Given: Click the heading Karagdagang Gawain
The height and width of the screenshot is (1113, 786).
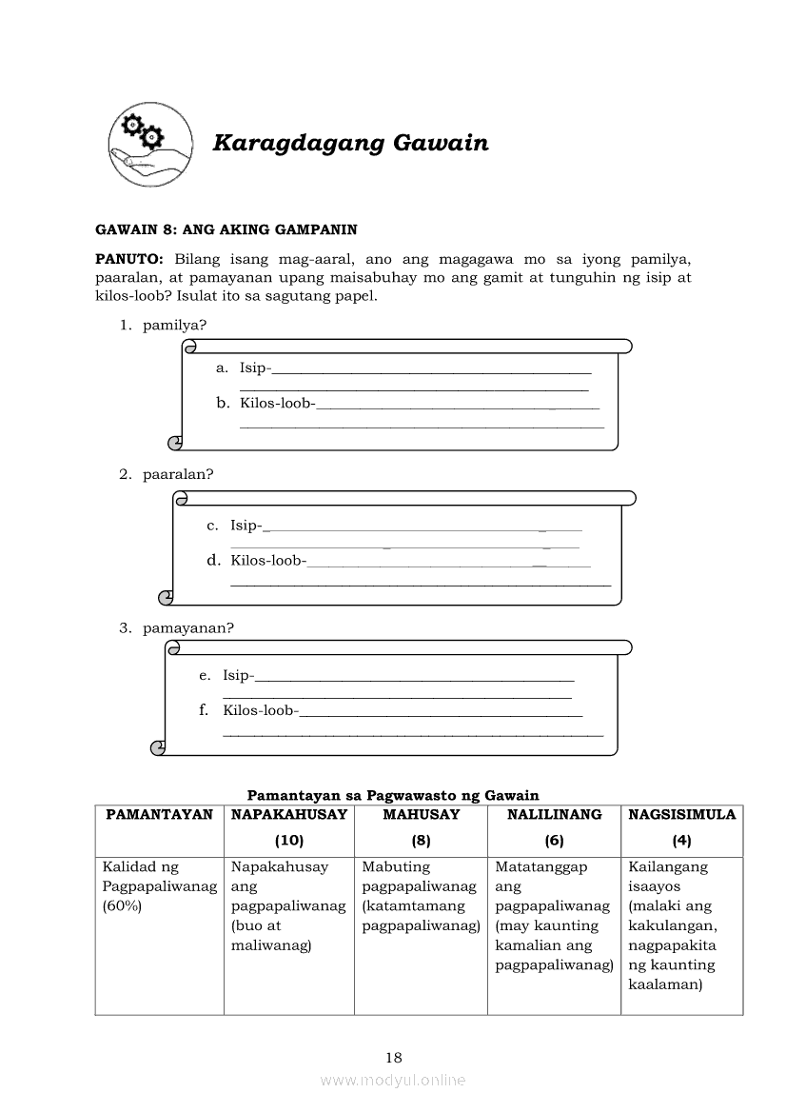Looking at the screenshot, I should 350,144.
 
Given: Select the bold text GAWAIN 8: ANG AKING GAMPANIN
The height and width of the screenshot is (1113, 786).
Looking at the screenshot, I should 226,229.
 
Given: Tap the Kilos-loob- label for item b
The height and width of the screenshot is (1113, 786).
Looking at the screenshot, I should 277,404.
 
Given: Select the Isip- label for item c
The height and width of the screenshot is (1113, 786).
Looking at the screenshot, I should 246,525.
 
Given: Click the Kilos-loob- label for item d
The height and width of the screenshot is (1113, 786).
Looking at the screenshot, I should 268,560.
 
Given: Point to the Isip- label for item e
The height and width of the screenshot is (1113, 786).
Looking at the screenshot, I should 239,675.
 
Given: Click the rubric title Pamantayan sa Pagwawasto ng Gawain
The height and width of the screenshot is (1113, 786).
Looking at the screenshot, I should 393,795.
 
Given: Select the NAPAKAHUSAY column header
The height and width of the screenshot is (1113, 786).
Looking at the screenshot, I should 289,815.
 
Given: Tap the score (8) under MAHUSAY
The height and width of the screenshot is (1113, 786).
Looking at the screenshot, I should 421,841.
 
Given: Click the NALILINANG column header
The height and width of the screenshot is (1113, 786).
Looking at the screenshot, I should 554,815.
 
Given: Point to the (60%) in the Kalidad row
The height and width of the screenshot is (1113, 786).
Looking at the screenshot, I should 122,906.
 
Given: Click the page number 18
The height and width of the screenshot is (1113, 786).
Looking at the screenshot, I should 394,1057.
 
